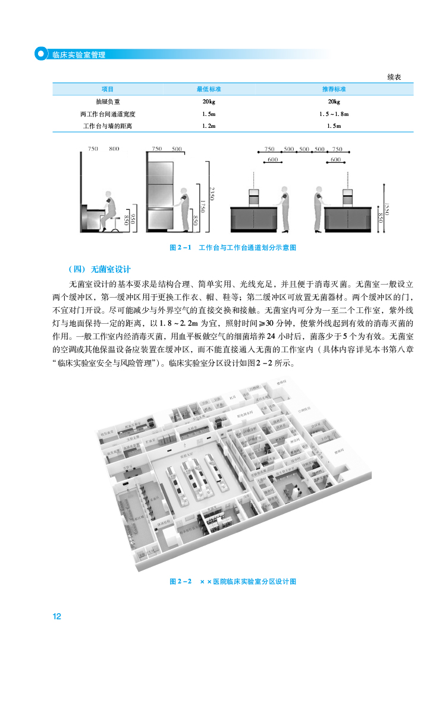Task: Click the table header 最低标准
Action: coord(209,89)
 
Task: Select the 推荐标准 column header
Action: coord(334,89)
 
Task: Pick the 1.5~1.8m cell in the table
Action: coord(334,114)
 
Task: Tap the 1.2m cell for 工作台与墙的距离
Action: coord(209,126)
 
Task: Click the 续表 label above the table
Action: coord(394,77)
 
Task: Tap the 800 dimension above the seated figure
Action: coord(114,149)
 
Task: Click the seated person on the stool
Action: coord(107,211)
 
